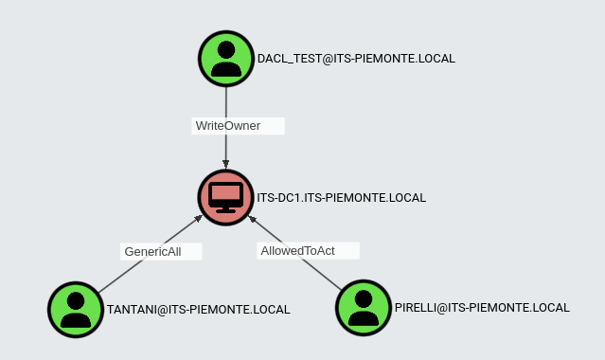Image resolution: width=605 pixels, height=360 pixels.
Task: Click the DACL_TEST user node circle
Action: (226, 59)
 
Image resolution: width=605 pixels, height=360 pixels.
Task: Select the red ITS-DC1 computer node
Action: (226, 197)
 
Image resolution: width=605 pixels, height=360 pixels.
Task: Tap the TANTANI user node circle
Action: (76, 308)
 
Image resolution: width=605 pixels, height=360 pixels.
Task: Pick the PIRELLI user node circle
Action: (364, 307)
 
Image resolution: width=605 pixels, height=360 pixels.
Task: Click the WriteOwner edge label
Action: (227, 125)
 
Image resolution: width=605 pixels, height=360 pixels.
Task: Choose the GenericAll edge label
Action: (152, 251)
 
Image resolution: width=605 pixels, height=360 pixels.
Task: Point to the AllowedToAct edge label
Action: (297, 250)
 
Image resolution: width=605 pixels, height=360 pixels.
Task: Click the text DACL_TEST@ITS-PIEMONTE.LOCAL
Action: (356, 59)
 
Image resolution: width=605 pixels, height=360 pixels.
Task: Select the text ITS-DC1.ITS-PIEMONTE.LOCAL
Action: (342, 198)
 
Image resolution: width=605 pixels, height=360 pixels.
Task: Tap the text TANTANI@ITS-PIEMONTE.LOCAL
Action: (199, 309)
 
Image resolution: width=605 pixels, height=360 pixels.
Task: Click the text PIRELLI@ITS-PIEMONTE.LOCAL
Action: (482, 308)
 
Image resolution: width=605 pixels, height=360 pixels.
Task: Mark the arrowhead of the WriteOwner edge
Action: (226, 165)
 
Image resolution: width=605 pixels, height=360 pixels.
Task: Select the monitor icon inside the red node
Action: (226, 197)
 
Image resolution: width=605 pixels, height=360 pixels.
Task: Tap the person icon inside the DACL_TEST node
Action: (226, 59)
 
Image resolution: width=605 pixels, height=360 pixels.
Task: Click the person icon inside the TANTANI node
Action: (76, 308)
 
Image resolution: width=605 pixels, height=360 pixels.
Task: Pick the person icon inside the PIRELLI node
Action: (364, 307)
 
